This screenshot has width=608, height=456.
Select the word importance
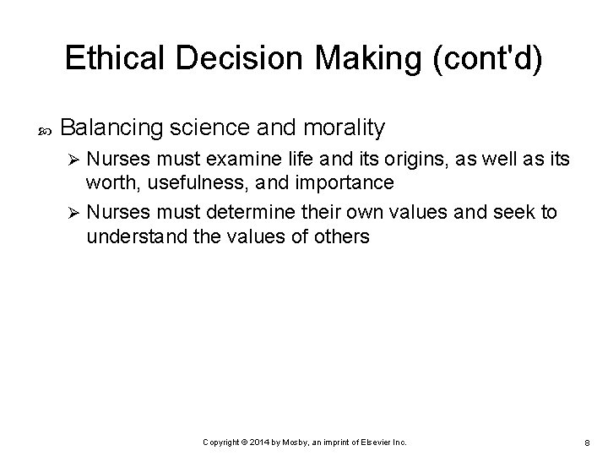click(x=348, y=184)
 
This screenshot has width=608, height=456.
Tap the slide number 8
click(x=585, y=442)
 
